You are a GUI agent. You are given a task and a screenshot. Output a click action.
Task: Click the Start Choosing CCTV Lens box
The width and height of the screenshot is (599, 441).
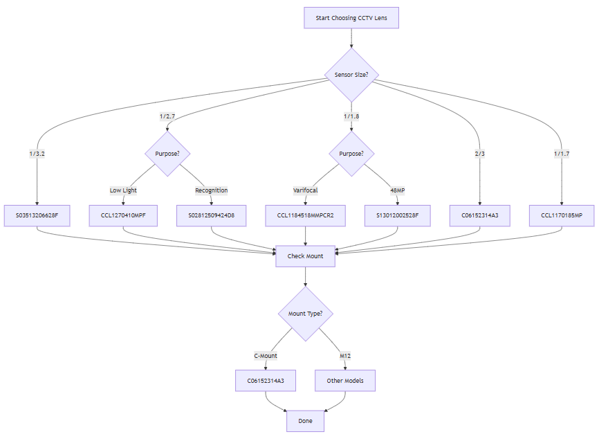tap(351, 18)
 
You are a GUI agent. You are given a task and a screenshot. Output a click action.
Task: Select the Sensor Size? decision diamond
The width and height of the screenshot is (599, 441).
tap(351, 75)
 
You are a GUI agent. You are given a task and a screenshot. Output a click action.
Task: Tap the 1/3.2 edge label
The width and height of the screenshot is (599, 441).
tap(37, 154)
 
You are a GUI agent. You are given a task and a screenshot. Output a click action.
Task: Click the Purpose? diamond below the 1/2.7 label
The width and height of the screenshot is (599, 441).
tap(167, 154)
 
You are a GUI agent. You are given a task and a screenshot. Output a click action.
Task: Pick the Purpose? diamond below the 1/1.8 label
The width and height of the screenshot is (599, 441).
tap(351, 154)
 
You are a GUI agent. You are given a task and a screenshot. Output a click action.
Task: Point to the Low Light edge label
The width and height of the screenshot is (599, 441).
tap(123, 190)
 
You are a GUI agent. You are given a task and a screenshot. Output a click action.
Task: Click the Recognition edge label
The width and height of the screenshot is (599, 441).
tap(211, 190)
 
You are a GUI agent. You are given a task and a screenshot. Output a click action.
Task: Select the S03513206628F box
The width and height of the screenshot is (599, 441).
tap(37, 216)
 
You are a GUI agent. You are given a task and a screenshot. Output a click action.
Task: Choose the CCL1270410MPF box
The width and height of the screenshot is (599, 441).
tap(123, 216)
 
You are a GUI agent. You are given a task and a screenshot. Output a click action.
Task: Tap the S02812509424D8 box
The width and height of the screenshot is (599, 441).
tap(211, 216)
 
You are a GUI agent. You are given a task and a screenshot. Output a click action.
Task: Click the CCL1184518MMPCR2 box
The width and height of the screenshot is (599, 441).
tap(305, 216)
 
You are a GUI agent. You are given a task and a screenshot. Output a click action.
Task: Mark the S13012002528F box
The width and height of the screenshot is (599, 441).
tap(397, 216)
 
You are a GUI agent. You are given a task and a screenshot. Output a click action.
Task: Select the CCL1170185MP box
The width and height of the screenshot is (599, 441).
tap(561, 216)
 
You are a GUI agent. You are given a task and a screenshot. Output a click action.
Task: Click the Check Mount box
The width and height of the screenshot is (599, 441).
tap(305, 256)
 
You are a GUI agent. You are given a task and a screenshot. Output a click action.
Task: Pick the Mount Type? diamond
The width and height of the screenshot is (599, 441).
tap(305, 314)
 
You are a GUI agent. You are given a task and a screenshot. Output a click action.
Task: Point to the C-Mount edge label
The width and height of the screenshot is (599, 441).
tap(266, 356)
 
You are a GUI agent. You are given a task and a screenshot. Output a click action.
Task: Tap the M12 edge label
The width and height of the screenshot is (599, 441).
tap(345, 356)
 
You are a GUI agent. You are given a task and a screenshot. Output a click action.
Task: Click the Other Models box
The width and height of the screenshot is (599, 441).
tap(345, 381)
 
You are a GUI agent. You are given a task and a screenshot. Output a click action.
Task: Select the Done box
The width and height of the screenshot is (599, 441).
tap(305, 421)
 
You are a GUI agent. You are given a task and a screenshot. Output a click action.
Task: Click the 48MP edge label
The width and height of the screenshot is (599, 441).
tap(397, 190)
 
